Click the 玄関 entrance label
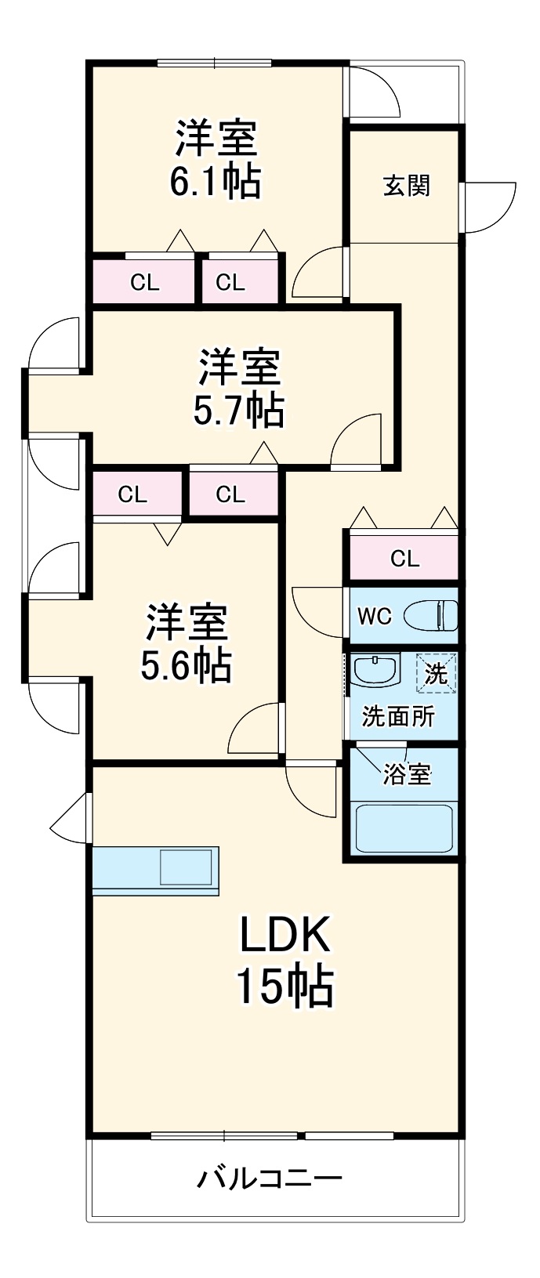407,186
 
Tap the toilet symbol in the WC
431,615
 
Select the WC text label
374,616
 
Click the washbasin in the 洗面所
375,670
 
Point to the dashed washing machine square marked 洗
436,672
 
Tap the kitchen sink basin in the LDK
186,868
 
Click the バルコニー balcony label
270,1178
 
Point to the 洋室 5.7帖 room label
239,388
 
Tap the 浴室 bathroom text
407,774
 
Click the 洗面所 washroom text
397,717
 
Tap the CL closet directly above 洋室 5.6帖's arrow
132,494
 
